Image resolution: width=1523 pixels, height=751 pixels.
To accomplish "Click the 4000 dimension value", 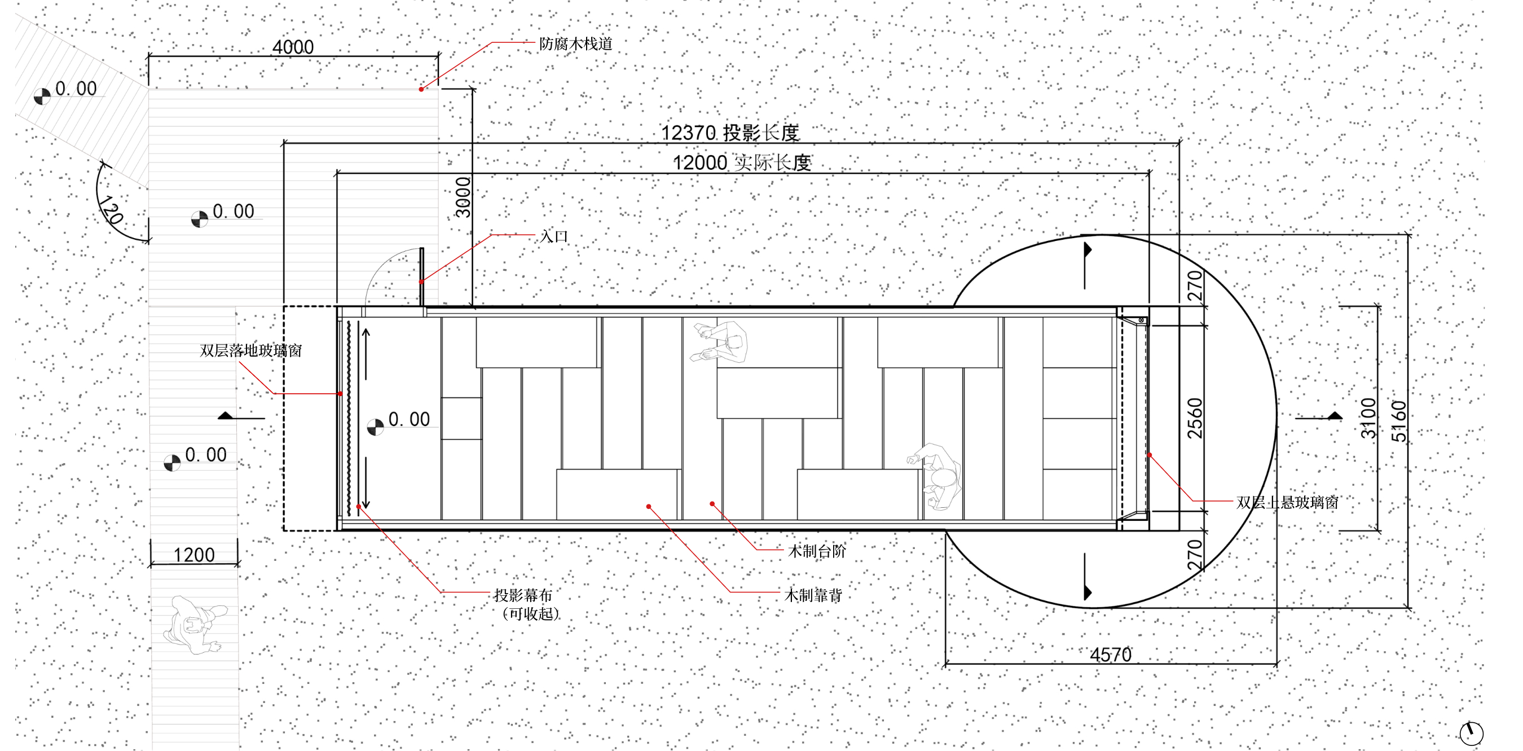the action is (x=293, y=47).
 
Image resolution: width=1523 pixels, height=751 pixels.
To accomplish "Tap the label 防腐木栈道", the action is (x=576, y=44).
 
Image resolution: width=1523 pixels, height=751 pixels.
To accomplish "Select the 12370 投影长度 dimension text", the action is (x=730, y=133).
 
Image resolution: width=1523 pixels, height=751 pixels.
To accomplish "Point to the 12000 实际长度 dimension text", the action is (x=742, y=162).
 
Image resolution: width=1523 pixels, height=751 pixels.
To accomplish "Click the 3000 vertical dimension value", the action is (x=463, y=197).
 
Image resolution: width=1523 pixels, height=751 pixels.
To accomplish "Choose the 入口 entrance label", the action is (x=554, y=236).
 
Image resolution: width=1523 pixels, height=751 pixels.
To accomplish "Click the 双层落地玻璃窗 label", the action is (x=250, y=350).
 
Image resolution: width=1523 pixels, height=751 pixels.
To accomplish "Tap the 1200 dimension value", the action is (x=194, y=555).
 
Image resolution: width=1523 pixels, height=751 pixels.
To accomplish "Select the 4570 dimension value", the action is (x=1111, y=655).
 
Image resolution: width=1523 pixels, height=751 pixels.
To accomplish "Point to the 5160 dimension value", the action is (x=1399, y=421).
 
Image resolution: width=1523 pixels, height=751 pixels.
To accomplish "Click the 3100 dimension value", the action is (x=1368, y=418).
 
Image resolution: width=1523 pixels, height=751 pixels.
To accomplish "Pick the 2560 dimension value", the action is (x=1195, y=418).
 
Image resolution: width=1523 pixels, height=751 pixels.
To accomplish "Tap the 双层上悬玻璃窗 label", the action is (x=1288, y=503).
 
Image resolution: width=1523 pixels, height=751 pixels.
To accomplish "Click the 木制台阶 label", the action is (x=817, y=551).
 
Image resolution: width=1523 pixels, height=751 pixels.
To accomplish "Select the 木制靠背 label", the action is (x=813, y=595).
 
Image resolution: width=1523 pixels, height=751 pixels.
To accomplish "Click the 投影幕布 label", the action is (x=523, y=595).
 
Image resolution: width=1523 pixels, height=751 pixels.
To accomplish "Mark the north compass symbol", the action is (x=1472, y=734).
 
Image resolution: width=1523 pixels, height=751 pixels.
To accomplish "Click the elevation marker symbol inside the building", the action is (x=376, y=427).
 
